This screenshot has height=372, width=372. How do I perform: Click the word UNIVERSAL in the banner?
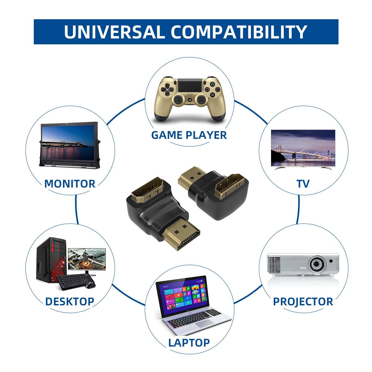pos(114,32)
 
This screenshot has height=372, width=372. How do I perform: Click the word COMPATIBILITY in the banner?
pos(239,32)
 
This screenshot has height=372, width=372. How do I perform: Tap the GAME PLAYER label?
pos(189,135)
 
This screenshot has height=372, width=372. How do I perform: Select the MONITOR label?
pos(70,184)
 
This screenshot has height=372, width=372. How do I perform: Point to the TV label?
pos(303,184)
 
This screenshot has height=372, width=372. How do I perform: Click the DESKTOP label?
pos(69,301)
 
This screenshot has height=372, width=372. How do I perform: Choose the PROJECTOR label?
pos(303,301)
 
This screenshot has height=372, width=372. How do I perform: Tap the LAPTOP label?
pos(189,342)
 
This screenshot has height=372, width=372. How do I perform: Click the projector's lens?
pos(317,264)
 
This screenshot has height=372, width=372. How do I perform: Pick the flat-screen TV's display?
pos(303,145)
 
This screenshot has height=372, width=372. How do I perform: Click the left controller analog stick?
pos(178,100)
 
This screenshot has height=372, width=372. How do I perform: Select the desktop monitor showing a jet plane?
pos(87,259)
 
